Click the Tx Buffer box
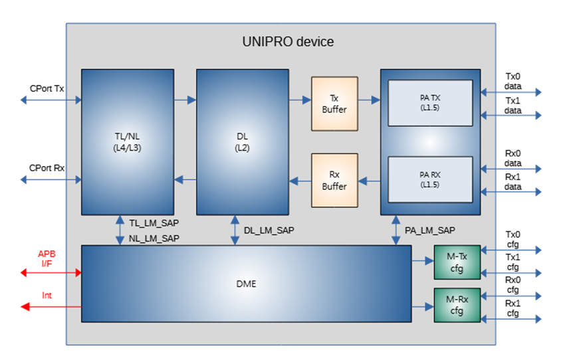pos(334,104)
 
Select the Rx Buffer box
pos(334,181)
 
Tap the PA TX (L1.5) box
pos(430,103)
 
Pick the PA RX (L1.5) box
pos(430,179)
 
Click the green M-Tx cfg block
pos(457,262)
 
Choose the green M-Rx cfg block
pos(457,305)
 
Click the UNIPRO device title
pos(288,42)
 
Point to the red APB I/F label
pos(47,258)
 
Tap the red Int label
pos(47,295)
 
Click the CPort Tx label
pos(47,89)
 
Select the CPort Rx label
pos(47,168)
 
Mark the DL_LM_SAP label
pos(269,230)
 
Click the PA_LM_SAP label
pos(430,230)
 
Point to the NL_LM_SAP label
pos(154,238)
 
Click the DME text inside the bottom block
pos(246,284)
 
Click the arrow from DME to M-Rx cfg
pos(423,307)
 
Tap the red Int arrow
pos(51,306)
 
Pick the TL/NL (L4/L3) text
pos(127,142)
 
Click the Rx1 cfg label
pos(513,308)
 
